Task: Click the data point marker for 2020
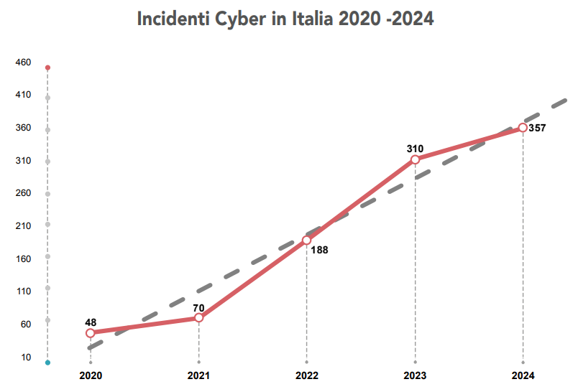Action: point(91,333)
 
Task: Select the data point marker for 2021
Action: point(198,318)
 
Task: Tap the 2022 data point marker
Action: point(307,240)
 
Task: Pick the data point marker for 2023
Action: point(415,159)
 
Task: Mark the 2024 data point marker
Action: point(523,128)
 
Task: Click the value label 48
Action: point(91,322)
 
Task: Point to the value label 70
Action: point(198,308)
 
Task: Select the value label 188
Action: point(320,251)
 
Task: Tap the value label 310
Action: point(415,149)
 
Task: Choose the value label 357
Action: point(537,129)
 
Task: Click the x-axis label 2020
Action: point(91,375)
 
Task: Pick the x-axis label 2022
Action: point(307,375)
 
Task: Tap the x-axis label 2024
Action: point(523,375)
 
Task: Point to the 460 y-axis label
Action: point(23,62)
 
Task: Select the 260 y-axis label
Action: point(23,193)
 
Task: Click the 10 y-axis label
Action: point(26,357)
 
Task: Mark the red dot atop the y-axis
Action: point(47,67)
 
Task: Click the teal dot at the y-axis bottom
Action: point(47,363)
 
